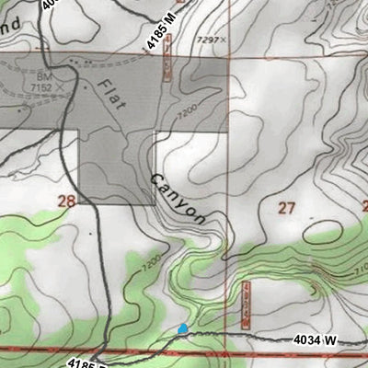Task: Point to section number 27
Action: coord(286,208)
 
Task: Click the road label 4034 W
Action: coord(316,340)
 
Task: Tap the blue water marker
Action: coord(182,328)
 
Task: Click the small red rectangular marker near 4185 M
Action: coord(167,63)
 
